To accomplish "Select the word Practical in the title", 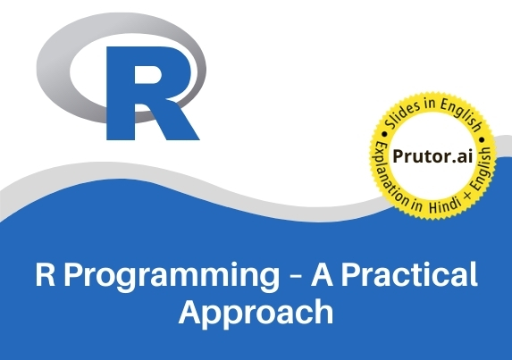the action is pyautogui.click(x=409, y=274).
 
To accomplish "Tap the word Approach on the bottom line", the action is pyautogui.click(x=256, y=313).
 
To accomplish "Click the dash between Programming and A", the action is pyautogui.click(x=295, y=277).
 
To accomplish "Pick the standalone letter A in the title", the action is pyautogui.click(x=323, y=274).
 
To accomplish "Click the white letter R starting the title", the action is pyautogui.click(x=45, y=274).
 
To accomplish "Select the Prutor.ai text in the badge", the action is pyautogui.click(x=432, y=156).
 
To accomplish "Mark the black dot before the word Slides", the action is pyautogui.click(x=384, y=134).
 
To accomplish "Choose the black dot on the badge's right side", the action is pyautogui.click(x=482, y=140).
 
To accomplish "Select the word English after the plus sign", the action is pyautogui.click(x=483, y=169).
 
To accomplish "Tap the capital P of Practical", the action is pyautogui.click(x=351, y=274).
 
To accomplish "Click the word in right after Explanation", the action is pyautogui.click(x=416, y=205).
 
